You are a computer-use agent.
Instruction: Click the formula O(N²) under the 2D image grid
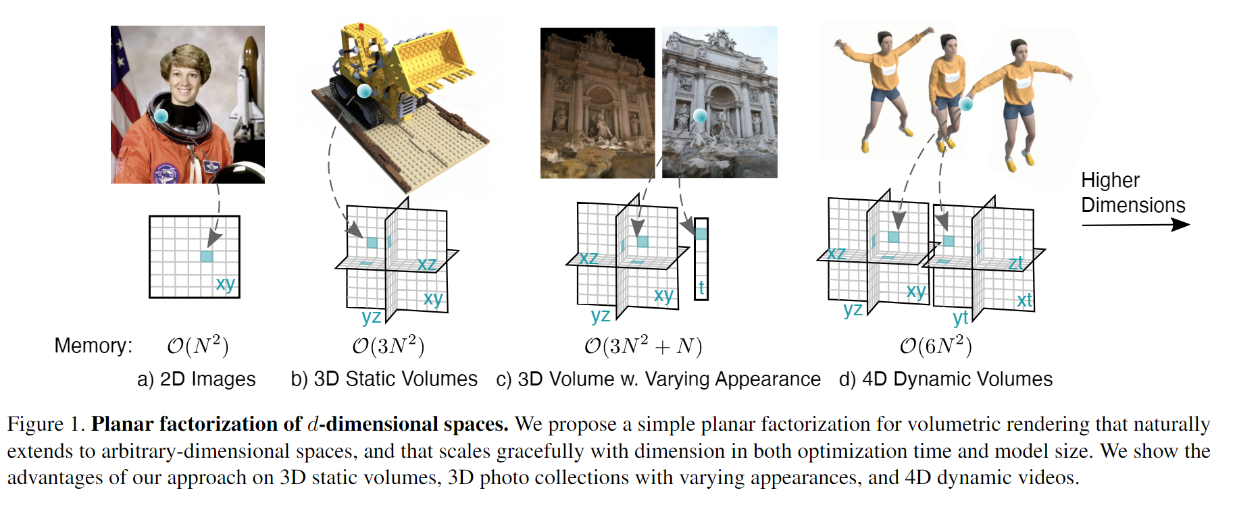coord(197,346)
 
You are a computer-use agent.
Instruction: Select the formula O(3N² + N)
coord(643,346)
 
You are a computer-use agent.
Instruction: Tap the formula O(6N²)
coord(936,346)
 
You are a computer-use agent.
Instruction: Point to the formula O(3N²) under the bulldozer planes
coord(388,346)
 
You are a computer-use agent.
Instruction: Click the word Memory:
coord(93,346)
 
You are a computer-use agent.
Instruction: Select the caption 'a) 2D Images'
coord(196,379)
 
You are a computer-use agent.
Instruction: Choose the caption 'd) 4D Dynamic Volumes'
coord(945,379)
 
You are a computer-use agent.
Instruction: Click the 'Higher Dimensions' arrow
coord(1135,225)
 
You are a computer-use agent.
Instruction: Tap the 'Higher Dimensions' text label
coord(1132,192)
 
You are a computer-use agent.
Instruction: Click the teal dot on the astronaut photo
coord(161,115)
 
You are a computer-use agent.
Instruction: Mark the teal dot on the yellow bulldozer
coord(364,90)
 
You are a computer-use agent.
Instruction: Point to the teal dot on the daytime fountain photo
coord(701,115)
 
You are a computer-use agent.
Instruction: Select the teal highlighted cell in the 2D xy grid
coord(207,256)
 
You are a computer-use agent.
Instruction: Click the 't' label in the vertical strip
coord(701,288)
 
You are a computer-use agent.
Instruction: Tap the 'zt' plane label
coord(1015,263)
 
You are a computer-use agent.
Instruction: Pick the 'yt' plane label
coord(960,317)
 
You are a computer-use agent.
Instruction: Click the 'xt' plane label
coord(1024,300)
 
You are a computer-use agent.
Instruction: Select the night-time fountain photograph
coord(597,103)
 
